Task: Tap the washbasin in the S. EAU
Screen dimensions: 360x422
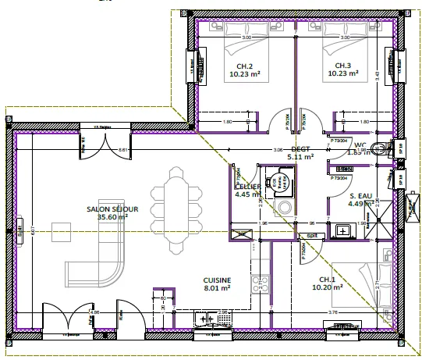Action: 343,230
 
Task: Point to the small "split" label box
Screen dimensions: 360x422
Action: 310,234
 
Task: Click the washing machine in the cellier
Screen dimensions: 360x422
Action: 284,209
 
